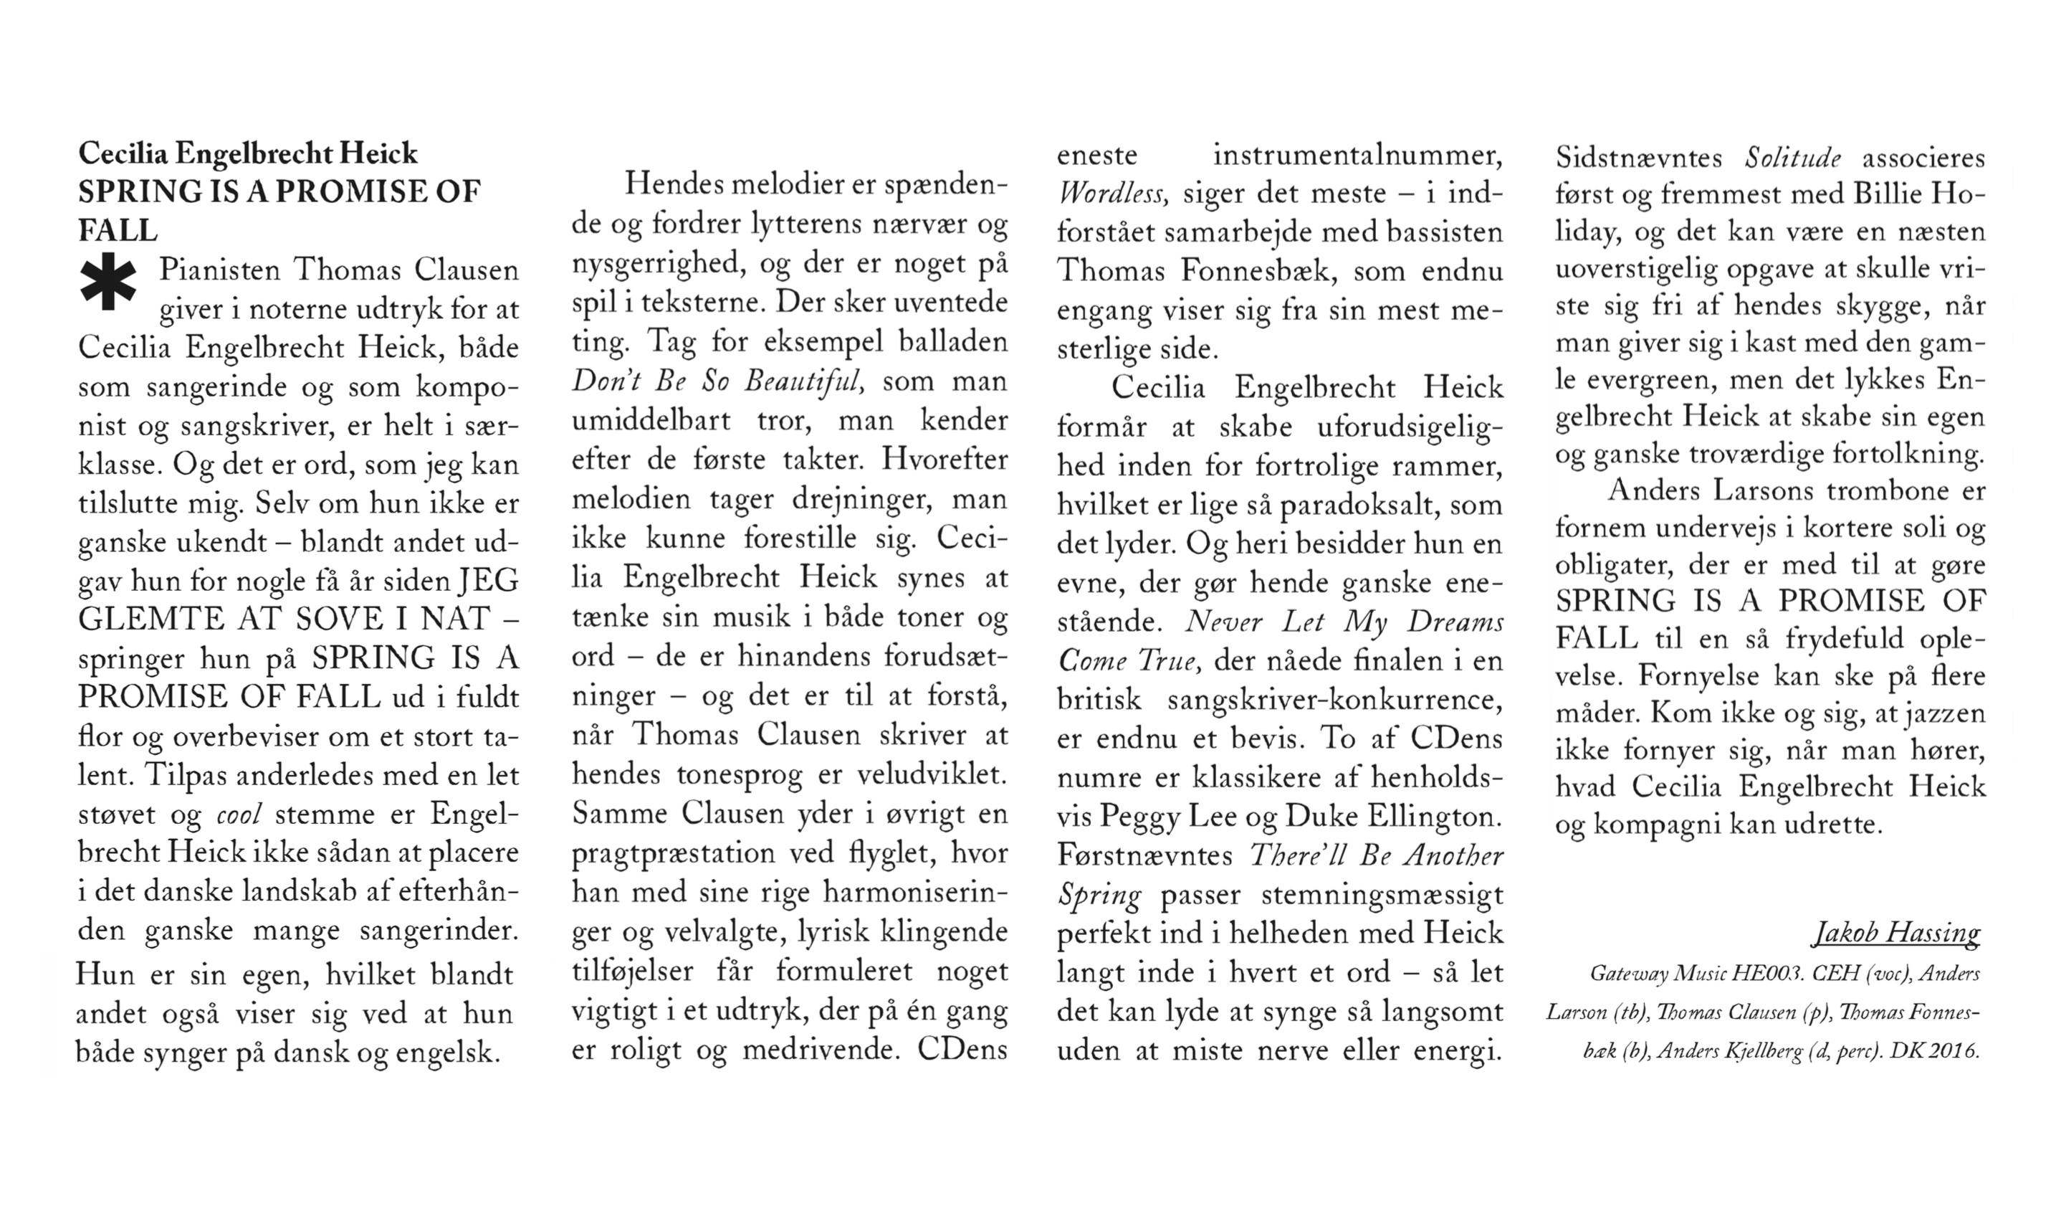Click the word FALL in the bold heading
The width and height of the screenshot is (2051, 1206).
(x=118, y=230)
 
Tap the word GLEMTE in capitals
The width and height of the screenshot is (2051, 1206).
(x=150, y=619)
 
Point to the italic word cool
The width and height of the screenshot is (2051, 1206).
(x=239, y=815)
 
